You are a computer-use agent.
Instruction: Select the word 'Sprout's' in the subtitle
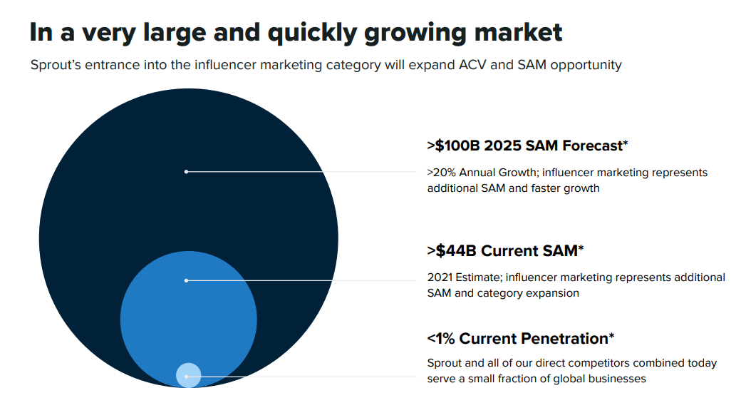(x=56, y=65)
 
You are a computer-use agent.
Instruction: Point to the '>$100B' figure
(x=453, y=146)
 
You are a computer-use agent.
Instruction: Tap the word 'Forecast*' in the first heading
(x=595, y=146)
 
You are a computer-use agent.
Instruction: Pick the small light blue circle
(x=189, y=375)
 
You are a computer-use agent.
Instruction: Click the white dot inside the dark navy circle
(x=186, y=171)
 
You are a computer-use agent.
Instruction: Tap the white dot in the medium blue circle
(x=186, y=280)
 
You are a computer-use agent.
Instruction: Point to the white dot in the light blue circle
(x=186, y=376)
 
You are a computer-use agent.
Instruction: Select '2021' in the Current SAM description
(x=440, y=277)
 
